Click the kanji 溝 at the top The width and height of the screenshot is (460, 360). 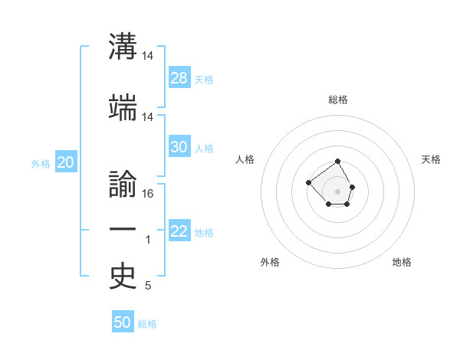coord(123,47)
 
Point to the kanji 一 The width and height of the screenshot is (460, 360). coord(123,229)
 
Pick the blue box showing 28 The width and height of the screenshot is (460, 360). coord(179,78)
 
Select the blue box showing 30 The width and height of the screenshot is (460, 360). coord(179,147)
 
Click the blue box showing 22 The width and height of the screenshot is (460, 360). coord(179,231)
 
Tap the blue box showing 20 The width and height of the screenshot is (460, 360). coord(66,162)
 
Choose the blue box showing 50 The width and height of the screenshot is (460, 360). coord(123,322)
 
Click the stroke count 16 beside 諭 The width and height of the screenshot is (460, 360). coord(148,193)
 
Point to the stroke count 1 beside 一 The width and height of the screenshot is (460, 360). coord(148,241)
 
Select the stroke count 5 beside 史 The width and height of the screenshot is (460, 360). coord(148,286)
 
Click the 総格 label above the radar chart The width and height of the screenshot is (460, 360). coord(338,100)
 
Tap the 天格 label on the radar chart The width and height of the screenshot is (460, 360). coord(431,159)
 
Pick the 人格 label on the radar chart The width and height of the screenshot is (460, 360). coord(245,159)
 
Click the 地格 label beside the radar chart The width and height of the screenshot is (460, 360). coord(402,262)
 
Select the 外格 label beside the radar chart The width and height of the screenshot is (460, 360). coord(270,262)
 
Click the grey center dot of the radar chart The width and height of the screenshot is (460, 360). coord(337,191)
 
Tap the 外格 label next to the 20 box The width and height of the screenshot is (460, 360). coord(41,163)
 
